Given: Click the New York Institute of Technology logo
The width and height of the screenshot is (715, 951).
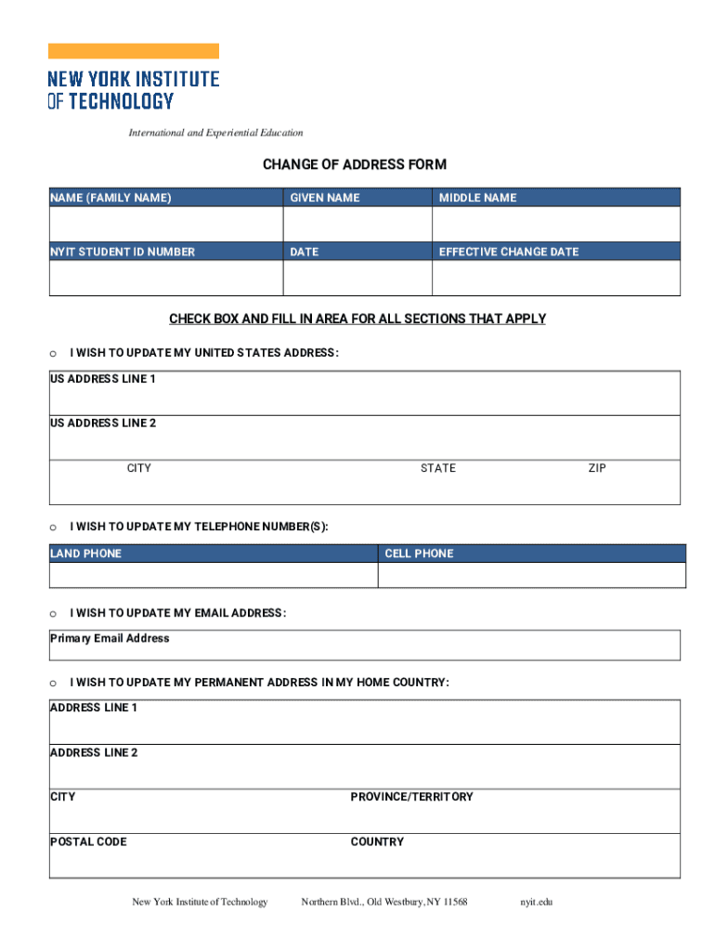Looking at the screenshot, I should pyautogui.click(x=133, y=78).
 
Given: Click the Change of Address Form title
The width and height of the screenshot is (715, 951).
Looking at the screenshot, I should pyautogui.click(x=354, y=164).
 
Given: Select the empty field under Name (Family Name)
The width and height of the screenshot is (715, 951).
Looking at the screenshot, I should pyautogui.click(x=165, y=224).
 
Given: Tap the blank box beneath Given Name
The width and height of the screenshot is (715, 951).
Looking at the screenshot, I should pyautogui.click(x=357, y=224).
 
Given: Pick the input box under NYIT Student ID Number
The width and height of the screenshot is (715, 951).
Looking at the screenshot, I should pyautogui.click(x=165, y=278).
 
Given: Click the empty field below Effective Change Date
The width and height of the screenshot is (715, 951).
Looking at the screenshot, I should pyautogui.click(x=555, y=278).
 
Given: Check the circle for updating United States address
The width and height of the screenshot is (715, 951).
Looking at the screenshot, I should pyautogui.click(x=53, y=354).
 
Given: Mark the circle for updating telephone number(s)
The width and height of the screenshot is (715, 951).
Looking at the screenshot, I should pyautogui.click(x=53, y=528).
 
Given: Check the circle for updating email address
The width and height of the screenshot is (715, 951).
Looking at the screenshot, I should pyautogui.click(x=53, y=614).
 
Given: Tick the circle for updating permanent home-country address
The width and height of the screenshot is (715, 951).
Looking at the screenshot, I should pyautogui.click(x=53, y=684).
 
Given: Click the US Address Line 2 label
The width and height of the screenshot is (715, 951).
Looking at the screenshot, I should pyautogui.click(x=103, y=423).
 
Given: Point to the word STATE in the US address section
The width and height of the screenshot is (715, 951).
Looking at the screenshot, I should pyautogui.click(x=437, y=468).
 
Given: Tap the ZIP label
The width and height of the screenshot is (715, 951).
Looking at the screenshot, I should pyautogui.click(x=596, y=468).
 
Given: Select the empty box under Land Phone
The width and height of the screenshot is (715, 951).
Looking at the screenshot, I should pyautogui.click(x=213, y=575).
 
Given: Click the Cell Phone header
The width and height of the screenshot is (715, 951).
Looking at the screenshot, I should pyautogui.click(x=419, y=554).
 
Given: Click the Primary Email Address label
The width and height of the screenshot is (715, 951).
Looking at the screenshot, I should pyautogui.click(x=110, y=638).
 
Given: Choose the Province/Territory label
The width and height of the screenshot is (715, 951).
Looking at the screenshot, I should pyautogui.click(x=411, y=797).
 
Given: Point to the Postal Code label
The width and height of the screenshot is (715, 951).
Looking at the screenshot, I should pyautogui.click(x=88, y=841).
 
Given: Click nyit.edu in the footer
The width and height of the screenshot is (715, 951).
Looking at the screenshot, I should pyautogui.click(x=537, y=902).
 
